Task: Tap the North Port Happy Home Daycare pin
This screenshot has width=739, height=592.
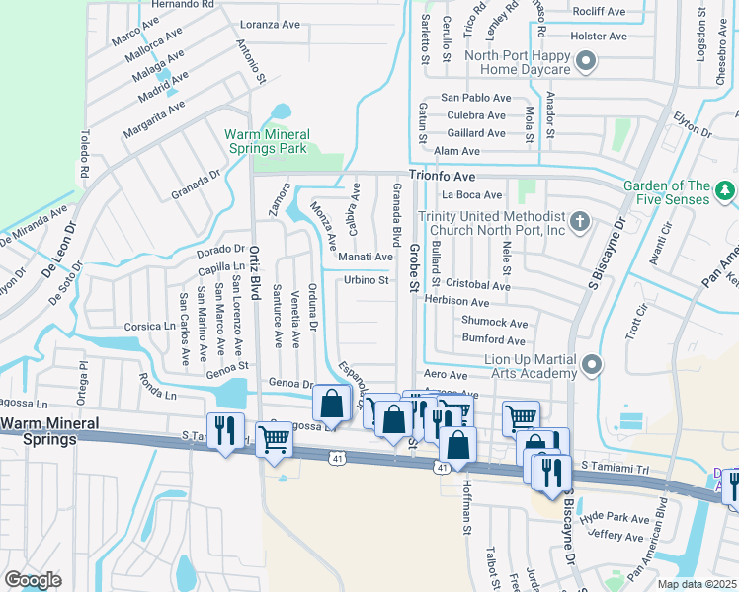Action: [x=585, y=61]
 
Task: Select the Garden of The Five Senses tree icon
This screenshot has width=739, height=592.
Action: [x=724, y=188]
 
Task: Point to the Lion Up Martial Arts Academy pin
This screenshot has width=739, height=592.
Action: [x=592, y=366]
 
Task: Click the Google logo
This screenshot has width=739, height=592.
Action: [x=33, y=580]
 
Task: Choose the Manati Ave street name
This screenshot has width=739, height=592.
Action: [x=366, y=257]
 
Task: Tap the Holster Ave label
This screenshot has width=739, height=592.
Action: [x=600, y=37]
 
